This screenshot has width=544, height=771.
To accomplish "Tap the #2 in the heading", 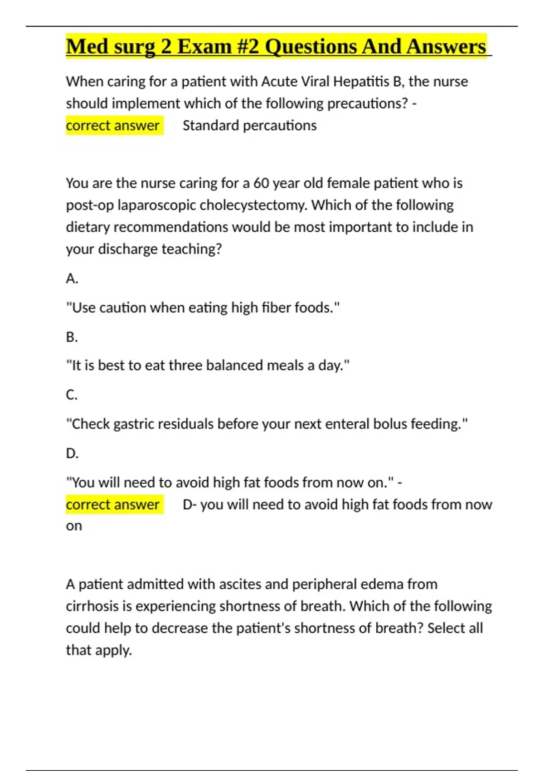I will [248, 47].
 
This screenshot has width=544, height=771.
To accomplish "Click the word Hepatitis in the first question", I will [361, 82].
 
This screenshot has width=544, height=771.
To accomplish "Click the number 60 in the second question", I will [261, 183].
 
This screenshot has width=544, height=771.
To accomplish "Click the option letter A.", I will [72, 278].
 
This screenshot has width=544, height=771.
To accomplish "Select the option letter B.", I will [72, 337].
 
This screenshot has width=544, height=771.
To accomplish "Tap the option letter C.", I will [72, 395].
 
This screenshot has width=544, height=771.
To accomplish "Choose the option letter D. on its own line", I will [72, 453].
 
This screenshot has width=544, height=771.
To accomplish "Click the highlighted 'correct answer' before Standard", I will [112, 126].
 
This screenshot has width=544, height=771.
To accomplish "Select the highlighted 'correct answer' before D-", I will [112, 505].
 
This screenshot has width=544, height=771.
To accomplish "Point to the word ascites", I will [240, 584].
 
